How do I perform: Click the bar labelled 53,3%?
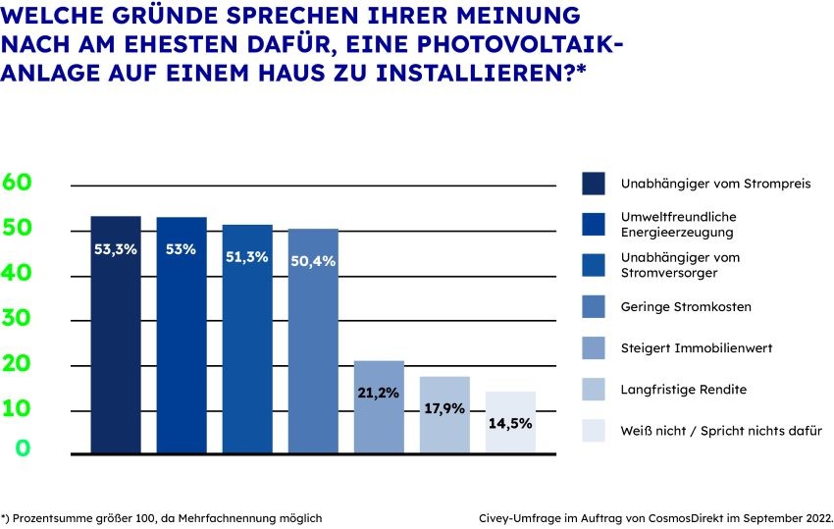(116, 334)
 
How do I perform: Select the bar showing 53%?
(182, 334)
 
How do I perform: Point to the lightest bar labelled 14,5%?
(510, 422)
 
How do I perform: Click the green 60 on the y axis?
(18, 182)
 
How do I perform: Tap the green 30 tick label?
(18, 319)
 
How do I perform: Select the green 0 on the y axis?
(18, 449)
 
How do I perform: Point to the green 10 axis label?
(18, 407)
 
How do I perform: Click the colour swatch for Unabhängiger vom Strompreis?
(593, 184)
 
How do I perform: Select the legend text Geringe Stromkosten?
(686, 307)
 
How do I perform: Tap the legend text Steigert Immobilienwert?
(695, 348)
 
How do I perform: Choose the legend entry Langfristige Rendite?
(683, 390)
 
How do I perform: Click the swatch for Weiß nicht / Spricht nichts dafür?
(593, 431)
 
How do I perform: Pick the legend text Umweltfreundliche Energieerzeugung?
(677, 225)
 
